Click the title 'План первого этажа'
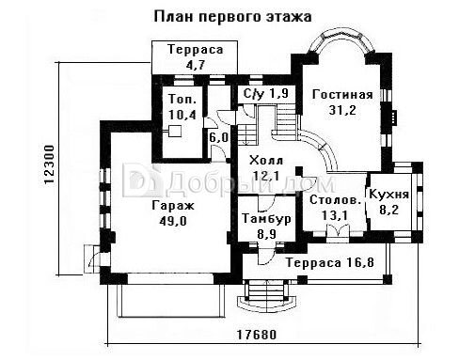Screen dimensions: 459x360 pos(232,17)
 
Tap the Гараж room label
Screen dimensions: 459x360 pos(173,206)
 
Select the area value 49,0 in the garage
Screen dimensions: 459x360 pos(173,221)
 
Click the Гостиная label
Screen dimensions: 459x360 pos(342,94)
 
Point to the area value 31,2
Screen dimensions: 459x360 pos(342,110)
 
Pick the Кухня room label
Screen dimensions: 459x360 pos(389,195)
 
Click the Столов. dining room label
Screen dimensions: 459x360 pos(335,200)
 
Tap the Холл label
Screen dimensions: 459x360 pos(266,161)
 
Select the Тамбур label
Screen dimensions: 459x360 pos(266,219)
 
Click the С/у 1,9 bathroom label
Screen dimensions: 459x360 pos(266,93)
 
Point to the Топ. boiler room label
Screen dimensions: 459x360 pos(182,99)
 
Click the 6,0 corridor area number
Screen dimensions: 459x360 pos(218,137)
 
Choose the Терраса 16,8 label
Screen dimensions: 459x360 pos(330,262)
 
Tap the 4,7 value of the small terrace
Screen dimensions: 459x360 pos(195,65)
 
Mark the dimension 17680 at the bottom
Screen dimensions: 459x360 pos(257,335)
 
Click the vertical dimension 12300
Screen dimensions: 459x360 pos(50,164)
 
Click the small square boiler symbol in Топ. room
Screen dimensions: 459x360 pos(175,131)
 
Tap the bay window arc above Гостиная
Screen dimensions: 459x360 pos(341,34)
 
